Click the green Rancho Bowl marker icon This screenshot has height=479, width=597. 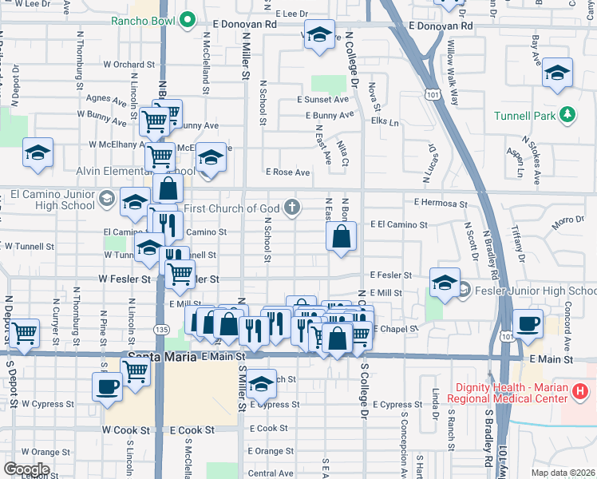coord(188,19)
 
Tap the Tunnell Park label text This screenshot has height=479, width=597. coord(524,116)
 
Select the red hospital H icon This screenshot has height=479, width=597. coord(581,391)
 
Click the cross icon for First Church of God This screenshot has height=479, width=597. coord(293,208)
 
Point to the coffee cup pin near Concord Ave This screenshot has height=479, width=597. coord(527,323)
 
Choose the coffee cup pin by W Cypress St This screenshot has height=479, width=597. coord(107,387)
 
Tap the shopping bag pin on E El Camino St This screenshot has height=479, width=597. coord(341,237)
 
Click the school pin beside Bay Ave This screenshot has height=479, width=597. coord(556,75)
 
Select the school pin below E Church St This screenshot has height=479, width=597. coord(261,385)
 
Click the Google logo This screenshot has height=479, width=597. coord(26,469)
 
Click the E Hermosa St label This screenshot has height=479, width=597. coord(441,204)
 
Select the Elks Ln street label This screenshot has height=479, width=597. coord(385,121)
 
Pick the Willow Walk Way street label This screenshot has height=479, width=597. coord(453,73)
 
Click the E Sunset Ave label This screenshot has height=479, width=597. coord(322,100)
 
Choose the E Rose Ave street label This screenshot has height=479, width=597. coord(287,172)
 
